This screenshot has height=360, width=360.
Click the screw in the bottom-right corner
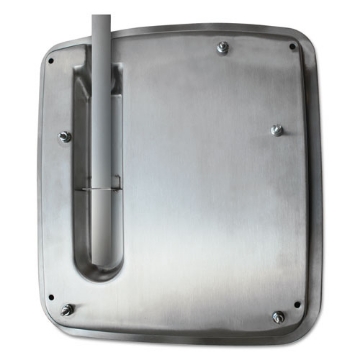(x=278, y=317)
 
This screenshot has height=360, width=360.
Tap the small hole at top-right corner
(x=292, y=47)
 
